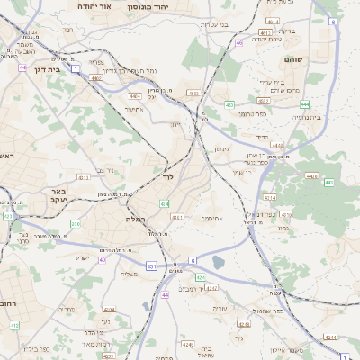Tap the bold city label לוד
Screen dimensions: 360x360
click(x=167, y=177)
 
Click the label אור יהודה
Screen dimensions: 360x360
click(x=96, y=5)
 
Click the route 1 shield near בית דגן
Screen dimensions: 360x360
click(x=76, y=67)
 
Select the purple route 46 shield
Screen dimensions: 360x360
click(x=238, y=42)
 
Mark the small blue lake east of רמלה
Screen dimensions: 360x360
click(x=218, y=263)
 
